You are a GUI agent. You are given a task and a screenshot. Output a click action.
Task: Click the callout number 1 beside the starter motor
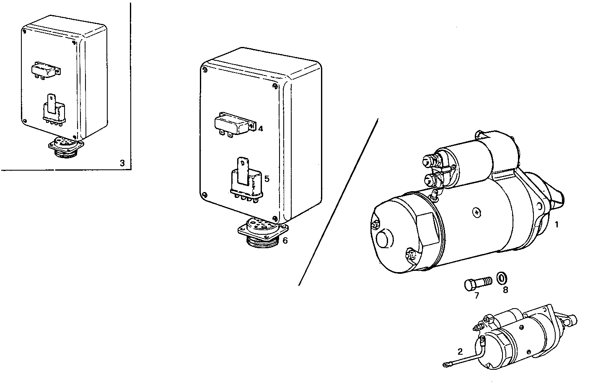(x=557, y=224)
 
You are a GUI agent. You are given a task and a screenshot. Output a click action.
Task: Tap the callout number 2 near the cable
(x=460, y=351)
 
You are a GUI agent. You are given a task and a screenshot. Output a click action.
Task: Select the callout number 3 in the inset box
(x=122, y=163)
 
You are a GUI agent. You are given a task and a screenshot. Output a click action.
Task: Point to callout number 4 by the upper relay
(x=260, y=129)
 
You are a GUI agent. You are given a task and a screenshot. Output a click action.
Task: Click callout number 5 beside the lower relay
(x=267, y=179)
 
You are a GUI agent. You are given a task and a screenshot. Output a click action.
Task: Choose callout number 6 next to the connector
(x=285, y=241)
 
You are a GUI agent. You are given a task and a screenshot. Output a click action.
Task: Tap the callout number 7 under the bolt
(x=476, y=295)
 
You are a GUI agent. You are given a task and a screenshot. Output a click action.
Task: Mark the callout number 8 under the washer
(x=505, y=290)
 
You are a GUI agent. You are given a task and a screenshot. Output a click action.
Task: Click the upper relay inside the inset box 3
(x=46, y=70)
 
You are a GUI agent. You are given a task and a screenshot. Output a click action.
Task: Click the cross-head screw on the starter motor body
(x=476, y=213)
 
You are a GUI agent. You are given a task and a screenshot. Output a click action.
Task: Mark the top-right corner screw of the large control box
(x=274, y=86)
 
